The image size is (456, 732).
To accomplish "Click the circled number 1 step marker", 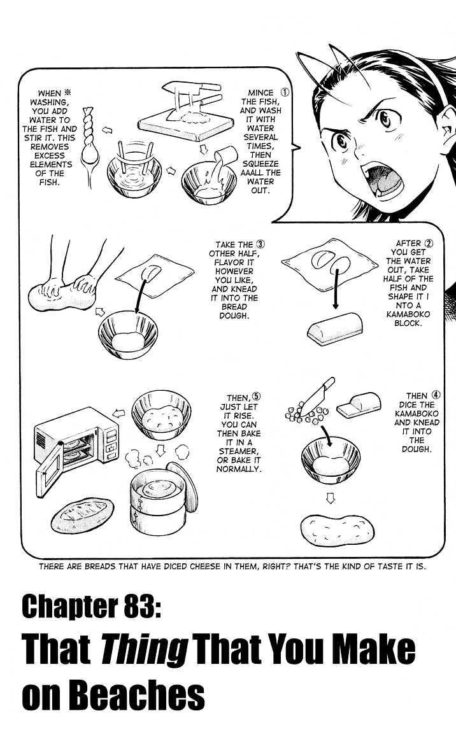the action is (x=285, y=92).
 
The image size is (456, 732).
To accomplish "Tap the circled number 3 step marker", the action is (x=260, y=244).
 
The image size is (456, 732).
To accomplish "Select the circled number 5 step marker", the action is (x=257, y=397).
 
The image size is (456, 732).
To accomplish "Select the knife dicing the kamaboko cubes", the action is (x=318, y=397).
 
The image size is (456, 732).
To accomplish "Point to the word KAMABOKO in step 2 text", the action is (x=408, y=314).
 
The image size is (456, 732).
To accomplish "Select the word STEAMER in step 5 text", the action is (x=238, y=451).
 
